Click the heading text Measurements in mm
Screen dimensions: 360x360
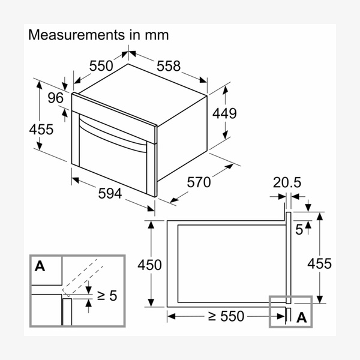(98, 35)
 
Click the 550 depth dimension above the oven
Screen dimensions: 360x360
(101, 66)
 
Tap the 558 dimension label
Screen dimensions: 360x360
(169, 66)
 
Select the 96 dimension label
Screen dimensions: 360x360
(56, 98)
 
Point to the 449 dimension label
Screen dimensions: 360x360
(224, 113)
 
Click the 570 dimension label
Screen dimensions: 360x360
(199, 182)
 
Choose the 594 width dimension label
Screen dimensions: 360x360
(110, 193)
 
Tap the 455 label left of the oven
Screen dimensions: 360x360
(41, 129)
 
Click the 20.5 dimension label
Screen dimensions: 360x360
(287, 182)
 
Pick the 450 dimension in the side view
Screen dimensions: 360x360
(149, 265)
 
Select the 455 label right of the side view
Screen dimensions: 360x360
(319, 263)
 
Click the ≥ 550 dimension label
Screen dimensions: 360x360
(226, 316)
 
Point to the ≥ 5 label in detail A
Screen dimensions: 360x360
(107, 295)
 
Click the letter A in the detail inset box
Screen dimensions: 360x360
(40, 266)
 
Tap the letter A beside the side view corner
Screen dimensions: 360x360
(302, 318)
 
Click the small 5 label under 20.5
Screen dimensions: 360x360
(299, 230)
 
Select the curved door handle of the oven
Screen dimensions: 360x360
(113, 134)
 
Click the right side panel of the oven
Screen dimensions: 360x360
(182, 139)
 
